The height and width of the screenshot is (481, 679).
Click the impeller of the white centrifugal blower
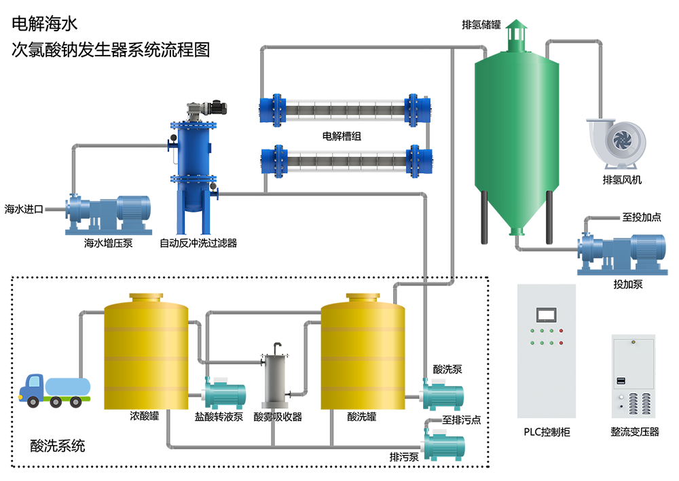[x=621, y=140]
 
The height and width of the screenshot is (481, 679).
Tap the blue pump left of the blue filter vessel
[x=102, y=209]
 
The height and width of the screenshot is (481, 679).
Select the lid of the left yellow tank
[x=145, y=293]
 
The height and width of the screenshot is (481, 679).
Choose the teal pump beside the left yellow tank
[x=224, y=393]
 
